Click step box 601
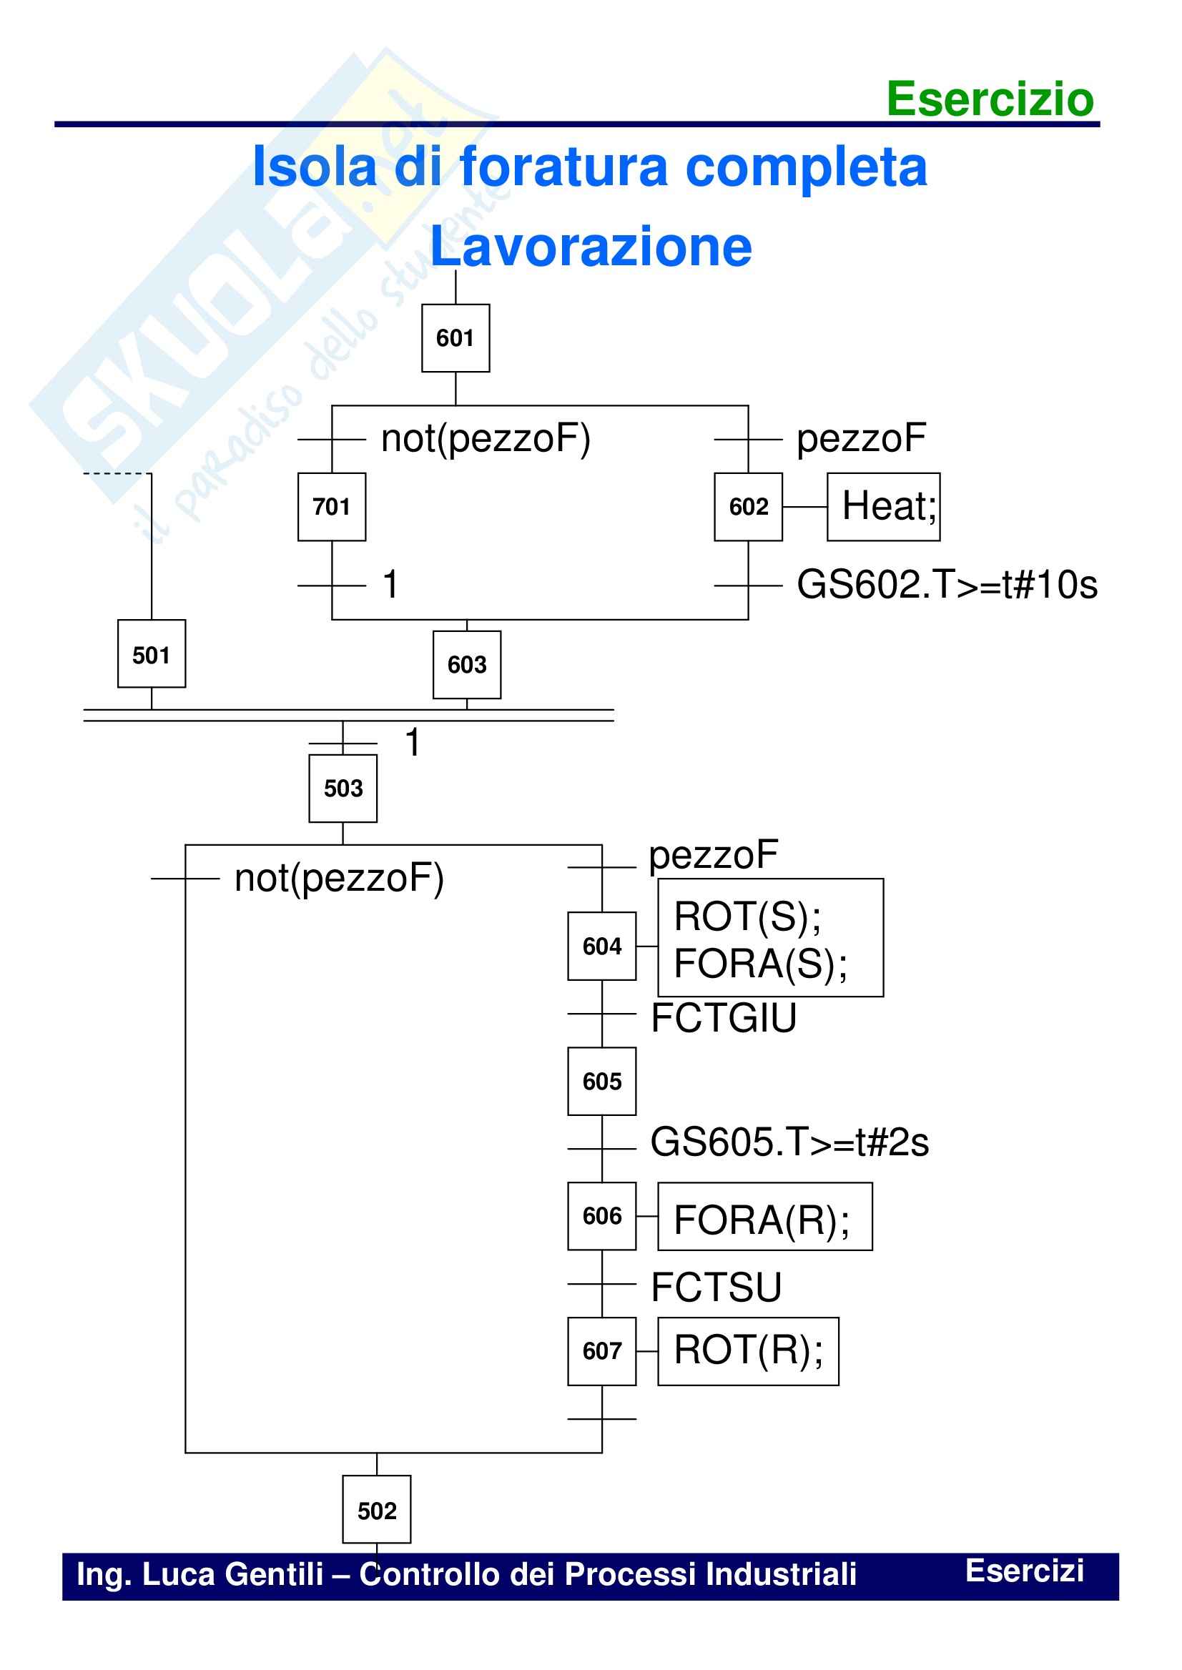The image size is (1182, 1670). (x=455, y=337)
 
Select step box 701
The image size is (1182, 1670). (x=332, y=506)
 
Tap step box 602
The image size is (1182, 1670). (x=748, y=506)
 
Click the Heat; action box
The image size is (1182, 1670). (x=884, y=506)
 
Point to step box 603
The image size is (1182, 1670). (x=466, y=664)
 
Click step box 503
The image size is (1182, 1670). (x=343, y=788)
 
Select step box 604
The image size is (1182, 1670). (x=602, y=946)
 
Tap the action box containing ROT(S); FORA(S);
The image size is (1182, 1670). (x=770, y=937)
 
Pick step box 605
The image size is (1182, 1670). (x=602, y=1082)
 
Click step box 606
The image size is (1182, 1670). (x=602, y=1216)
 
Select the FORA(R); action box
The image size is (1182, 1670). (x=765, y=1217)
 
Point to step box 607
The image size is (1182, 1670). (x=602, y=1351)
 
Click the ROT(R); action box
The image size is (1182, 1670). (x=748, y=1351)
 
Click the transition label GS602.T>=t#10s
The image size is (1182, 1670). (x=946, y=585)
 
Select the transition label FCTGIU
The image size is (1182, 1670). (x=724, y=1017)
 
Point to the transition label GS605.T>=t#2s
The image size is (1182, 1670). (x=789, y=1142)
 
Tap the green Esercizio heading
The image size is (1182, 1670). (x=990, y=99)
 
